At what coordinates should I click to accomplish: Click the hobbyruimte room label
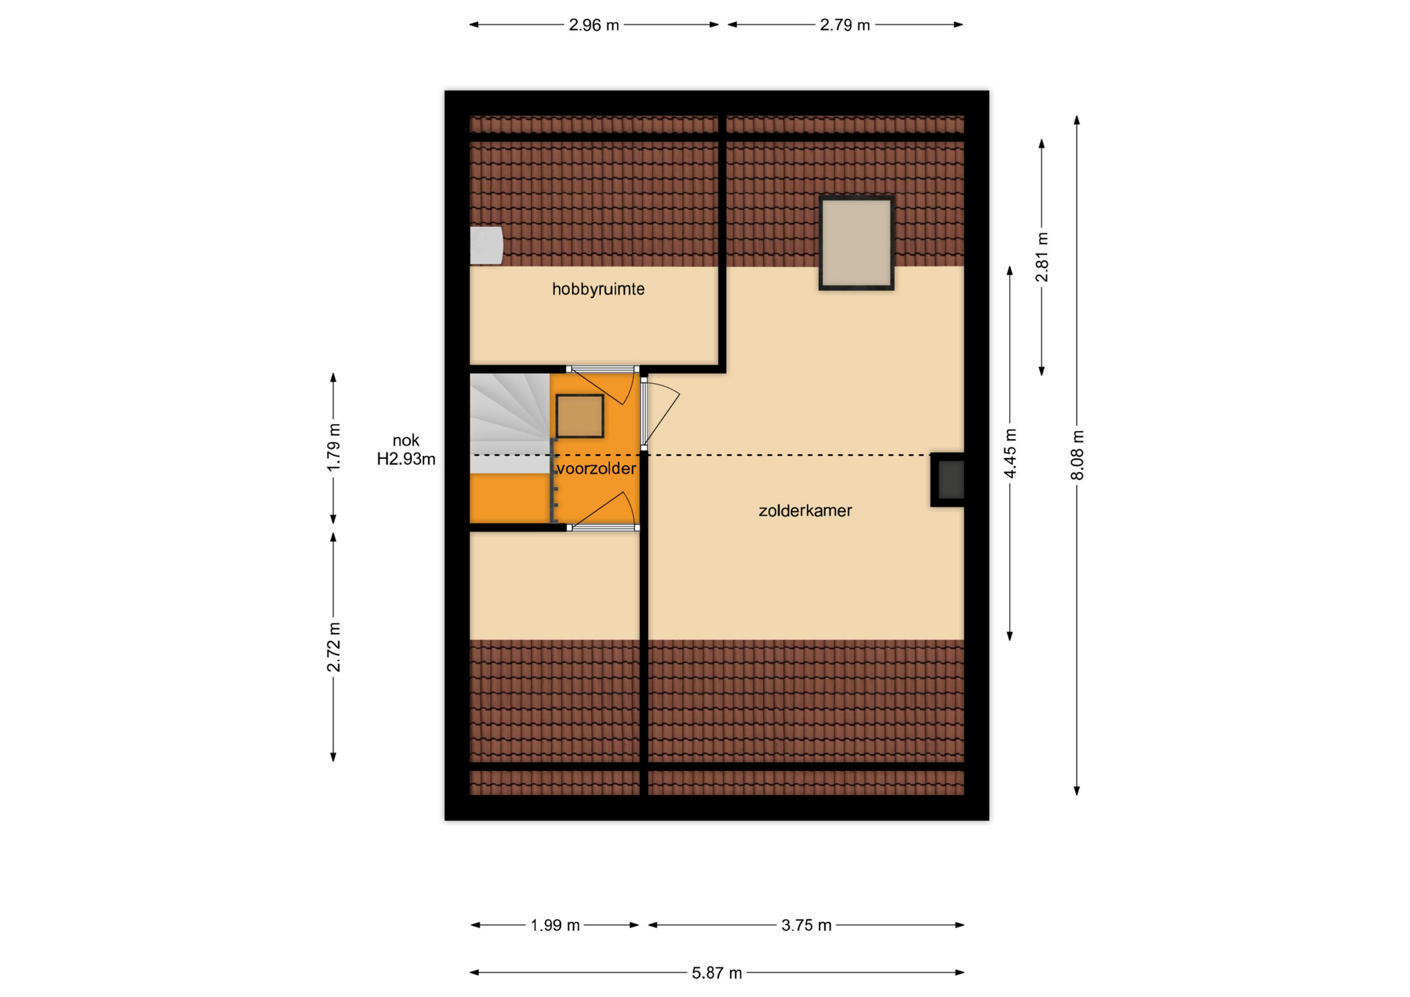pyautogui.click(x=598, y=289)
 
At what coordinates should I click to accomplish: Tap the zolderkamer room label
pyautogui.click(x=805, y=510)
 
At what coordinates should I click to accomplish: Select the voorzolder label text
pyautogui.click(x=596, y=468)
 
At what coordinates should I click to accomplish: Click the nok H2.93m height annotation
pyautogui.click(x=406, y=449)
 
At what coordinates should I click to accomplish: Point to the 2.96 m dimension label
pyautogui.click(x=594, y=25)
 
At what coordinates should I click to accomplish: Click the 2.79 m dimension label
pyautogui.click(x=845, y=25)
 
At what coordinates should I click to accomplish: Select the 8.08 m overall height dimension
pyautogui.click(x=1077, y=455)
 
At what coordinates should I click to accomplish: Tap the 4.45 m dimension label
pyautogui.click(x=1010, y=453)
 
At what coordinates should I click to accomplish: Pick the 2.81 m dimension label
pyautogui.click(x=1042, y=257)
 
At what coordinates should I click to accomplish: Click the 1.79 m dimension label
pyautogui.click(x=334, y=447)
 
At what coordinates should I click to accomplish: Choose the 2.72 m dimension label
pyautogui.click(x=334, y=647)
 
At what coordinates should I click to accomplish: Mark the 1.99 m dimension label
pyautogui.click(x=555, y=925)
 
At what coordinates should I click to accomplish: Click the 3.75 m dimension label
pyautogui.click(x=806, y=925)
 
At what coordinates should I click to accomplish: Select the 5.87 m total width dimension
pyautogui.click(x=717, y=973)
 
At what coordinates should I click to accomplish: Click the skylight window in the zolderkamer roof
pyautogui.click(x=856, y=243)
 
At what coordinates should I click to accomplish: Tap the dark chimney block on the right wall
pyautogui.click(x=948, y=479)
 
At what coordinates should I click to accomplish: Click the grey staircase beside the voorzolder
pyautogui.click(x=510, y=424)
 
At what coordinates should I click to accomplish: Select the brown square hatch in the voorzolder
pyautogui.click(x=579, y=416)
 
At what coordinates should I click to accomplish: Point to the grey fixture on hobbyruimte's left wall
pyautogui.click(x=486, y=245)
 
